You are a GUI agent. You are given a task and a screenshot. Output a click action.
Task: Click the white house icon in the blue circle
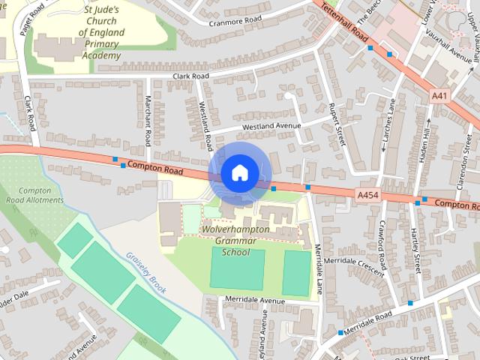point(238,172)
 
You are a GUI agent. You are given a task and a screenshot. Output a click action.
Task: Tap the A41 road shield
point(440,96)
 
